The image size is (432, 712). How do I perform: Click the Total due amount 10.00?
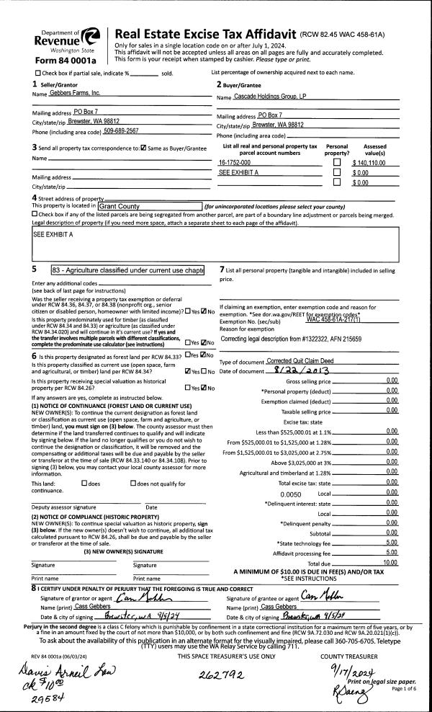[390, 562]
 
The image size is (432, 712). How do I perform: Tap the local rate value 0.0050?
[290, 494]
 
